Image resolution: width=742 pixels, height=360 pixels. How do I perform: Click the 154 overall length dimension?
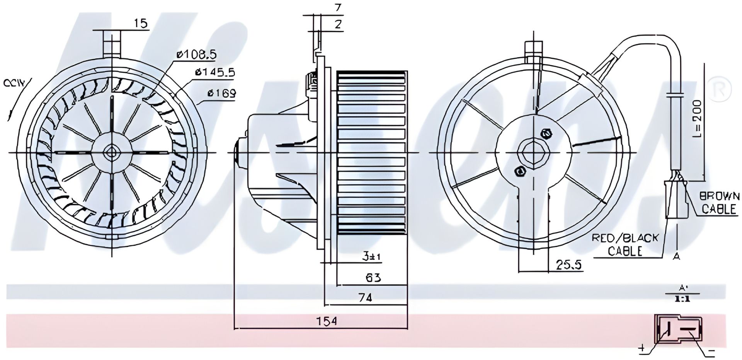point(327,321)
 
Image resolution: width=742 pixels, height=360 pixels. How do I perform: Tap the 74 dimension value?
point(365,298)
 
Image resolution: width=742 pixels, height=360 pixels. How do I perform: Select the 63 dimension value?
point(373,278)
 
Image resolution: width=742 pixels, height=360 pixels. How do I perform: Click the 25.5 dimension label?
point(569,265)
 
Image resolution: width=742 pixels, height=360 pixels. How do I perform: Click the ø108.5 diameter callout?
point(196,55)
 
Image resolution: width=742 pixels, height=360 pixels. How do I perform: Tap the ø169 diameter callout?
point(222,93)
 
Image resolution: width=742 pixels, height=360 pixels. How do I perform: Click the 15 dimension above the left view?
point(141,24)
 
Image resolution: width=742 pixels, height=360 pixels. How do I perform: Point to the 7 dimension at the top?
point(339,7)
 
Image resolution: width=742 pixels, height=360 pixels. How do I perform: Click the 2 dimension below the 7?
point(339,24)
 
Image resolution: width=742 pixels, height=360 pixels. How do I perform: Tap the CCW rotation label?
point(14,83)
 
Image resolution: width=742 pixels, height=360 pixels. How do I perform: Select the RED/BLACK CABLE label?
point(625,245)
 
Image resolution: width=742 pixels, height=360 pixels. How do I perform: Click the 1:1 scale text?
point(682,299)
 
